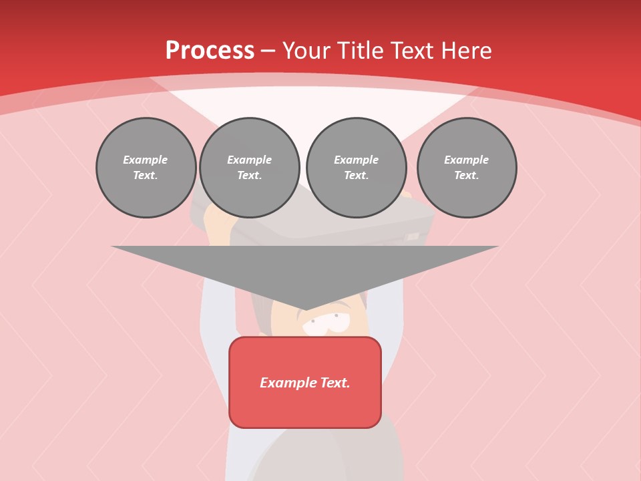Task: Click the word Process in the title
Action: tap(210, 51)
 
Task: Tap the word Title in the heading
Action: tap(363, 51)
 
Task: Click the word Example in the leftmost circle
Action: tap(146, 160)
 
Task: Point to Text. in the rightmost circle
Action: tap(467, 176)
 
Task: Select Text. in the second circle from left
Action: tap(250, 176)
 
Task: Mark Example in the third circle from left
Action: tap(357, 160)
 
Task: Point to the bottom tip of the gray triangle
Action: tap(305, 309)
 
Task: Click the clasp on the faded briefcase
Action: tap(413, 236)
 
